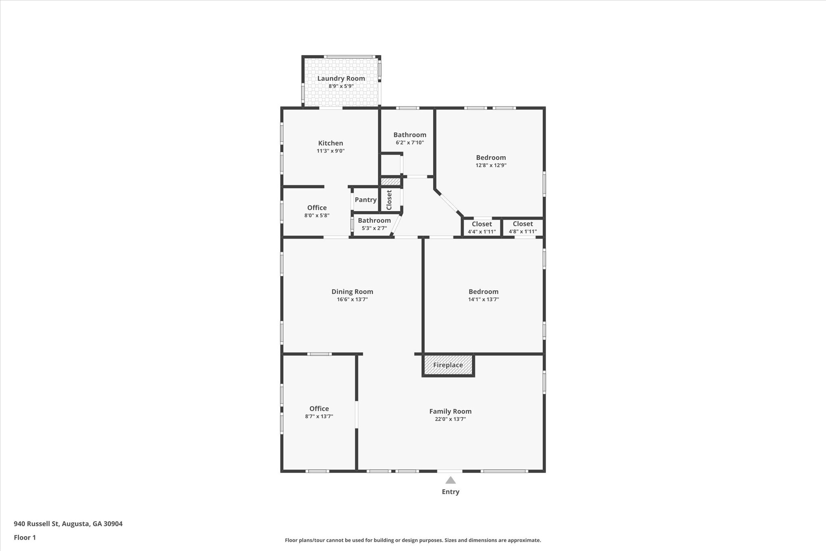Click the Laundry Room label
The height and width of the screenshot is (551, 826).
point(341,78)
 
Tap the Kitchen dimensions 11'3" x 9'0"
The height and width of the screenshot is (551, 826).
point(331,151)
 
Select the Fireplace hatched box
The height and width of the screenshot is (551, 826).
point(448,365)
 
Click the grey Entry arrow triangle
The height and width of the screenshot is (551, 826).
point(451,480)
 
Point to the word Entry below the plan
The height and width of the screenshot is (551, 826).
point(451,492)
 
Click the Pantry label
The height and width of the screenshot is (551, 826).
point(365,199)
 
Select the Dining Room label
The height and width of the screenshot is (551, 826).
point(352,291)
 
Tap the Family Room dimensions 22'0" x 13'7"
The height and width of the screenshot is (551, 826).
point(450,419)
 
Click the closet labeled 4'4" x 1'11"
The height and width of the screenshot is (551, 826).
point(482,227)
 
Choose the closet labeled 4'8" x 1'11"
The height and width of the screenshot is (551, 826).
point(523,227)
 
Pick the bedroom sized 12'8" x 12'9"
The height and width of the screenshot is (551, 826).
point(491,161)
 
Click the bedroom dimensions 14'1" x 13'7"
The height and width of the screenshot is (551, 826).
point(484,300)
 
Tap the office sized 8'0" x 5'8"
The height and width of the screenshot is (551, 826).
point(317,211)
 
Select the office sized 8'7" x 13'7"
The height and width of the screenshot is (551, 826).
point(319,412)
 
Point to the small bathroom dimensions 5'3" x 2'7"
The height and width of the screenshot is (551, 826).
point(374,228)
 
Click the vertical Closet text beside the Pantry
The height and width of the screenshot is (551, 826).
point(389,200)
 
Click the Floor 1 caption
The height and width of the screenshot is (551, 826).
point(25,537)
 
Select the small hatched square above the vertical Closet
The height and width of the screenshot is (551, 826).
point(390,182)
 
